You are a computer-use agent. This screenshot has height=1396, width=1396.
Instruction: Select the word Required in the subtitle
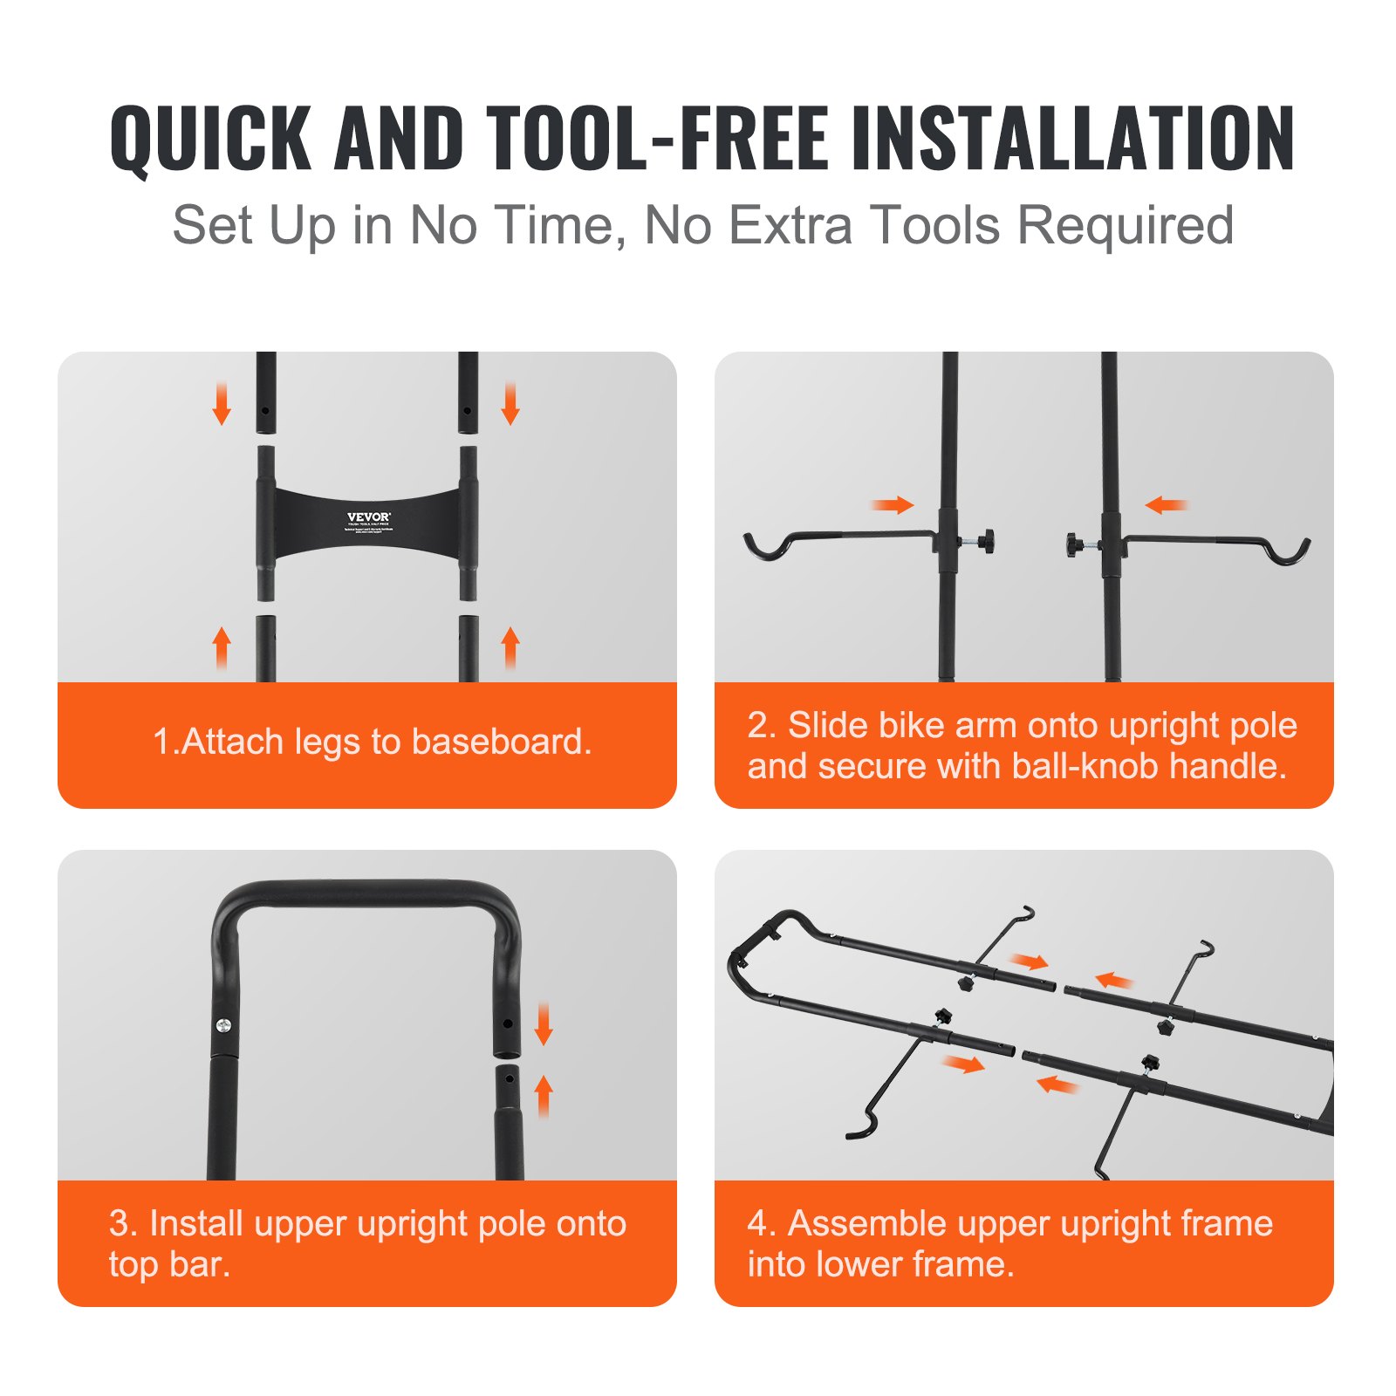[1126, 226]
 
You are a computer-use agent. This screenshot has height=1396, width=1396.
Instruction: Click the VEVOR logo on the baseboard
[369, 517]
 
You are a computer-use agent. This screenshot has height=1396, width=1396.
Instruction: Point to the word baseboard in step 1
[501, 742]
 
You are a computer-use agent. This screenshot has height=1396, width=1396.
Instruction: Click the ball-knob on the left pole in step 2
[987, 542]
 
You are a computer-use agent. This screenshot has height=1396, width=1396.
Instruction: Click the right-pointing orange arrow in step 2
[893, 505]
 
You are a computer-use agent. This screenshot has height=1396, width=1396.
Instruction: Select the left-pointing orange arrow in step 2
[1167, 505]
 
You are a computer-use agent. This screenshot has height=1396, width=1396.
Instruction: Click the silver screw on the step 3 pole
[223, 1025]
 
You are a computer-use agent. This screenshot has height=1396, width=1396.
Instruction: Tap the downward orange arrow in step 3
[544, 1024]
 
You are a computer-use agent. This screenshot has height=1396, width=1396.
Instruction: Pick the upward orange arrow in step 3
[544, 1096]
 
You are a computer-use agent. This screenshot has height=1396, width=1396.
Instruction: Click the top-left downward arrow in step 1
[222, 404]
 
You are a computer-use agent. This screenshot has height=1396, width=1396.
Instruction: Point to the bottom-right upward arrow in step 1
[510, 647]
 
